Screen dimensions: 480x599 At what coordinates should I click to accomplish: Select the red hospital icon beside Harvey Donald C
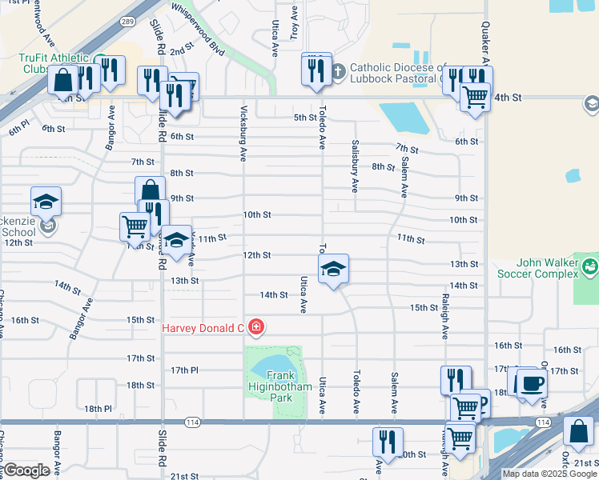click(x=255, y=327)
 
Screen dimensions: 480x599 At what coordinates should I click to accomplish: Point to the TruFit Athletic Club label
click(x=52, y=63)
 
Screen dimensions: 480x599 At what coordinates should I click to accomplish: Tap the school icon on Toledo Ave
click(x=333, y=269)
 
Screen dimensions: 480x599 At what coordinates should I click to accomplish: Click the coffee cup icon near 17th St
click(x=532, y=382)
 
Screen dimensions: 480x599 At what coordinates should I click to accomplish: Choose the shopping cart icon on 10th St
click(x=134, y=226)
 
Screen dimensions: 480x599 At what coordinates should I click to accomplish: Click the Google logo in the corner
click(x=26, y=470)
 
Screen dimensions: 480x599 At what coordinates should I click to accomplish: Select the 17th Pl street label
click(x=184, y=370)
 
